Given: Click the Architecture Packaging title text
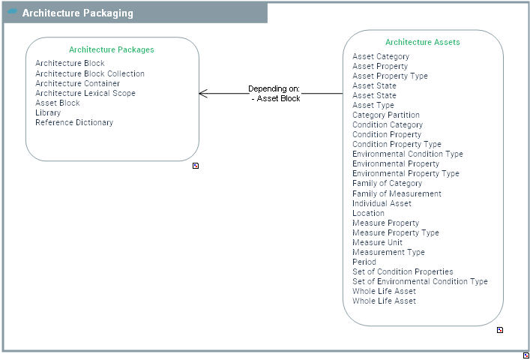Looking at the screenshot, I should [77, 13].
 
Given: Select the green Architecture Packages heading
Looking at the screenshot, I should [112, 49].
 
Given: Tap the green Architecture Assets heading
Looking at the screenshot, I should [423, 43].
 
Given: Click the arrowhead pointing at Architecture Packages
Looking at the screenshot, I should [202, 94].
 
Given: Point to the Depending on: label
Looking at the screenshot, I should [274, 88].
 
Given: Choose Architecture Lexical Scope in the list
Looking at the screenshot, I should [85, 94].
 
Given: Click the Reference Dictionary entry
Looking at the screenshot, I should [74, 123].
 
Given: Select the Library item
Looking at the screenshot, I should [48, 113].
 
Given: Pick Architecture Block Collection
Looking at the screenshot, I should [90, 74].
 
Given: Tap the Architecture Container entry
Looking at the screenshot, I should [77, 84].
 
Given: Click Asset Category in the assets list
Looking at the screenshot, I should [381, 57].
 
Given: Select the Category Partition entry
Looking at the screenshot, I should [386, 115].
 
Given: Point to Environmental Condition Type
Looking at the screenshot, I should [408, 154].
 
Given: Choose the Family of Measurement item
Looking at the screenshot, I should [397, 193].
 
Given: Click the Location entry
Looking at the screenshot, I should [368, 213].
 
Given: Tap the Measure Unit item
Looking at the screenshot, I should [377, 243].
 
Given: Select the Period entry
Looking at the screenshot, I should [364, 262].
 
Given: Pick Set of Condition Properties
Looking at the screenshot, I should [403, 272].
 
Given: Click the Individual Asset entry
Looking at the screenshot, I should [382, 203].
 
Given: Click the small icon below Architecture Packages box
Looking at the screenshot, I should [196, 166].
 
